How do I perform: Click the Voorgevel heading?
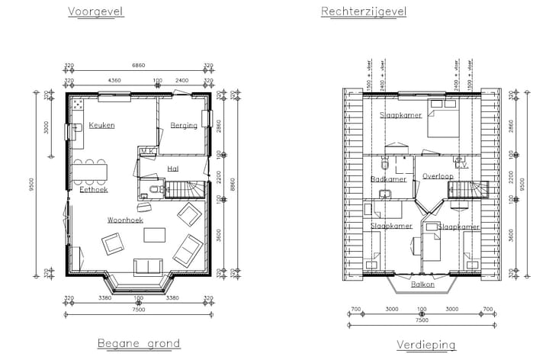point(95,11)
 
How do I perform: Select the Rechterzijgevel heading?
point(364,11)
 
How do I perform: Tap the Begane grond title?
point(139,343)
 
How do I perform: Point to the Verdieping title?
point(425,345)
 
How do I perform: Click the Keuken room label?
point(101,125)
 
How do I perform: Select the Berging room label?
point(184,125)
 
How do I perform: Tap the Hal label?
point(173,169)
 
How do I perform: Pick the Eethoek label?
point(92,189)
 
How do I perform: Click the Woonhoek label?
point(125,220)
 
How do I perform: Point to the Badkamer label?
point(388,179)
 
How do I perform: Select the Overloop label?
point(438,176)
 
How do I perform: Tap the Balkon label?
point(423,284)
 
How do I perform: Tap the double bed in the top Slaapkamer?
point(442,122)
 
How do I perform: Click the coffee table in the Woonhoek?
point(156,235)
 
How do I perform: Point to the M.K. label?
point(149,152)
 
